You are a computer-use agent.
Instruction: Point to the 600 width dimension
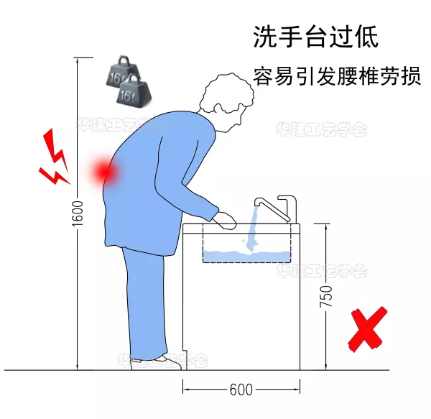point(241,390)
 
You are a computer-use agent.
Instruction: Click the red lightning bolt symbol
point(53,155)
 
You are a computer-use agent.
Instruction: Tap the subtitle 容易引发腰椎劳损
point(336,76)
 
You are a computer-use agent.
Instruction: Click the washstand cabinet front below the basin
point(241,316)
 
